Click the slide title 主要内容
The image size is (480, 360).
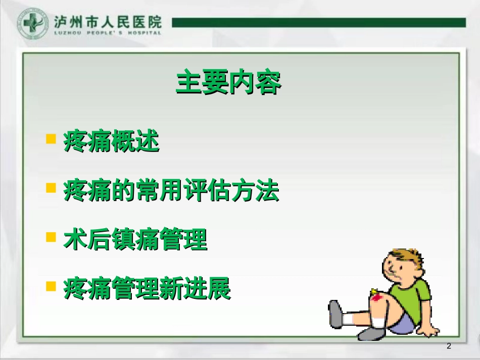pyautogui.click(x=228, y=83)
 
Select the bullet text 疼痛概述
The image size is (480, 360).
pyautogui.click(x=111, y=141)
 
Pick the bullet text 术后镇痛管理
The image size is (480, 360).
pyautogui.click(x=135, y=240)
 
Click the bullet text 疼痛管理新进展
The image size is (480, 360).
pyautogui.click(x=147, y=289)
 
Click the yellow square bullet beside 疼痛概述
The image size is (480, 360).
pyautogui.click(x=51, y=139)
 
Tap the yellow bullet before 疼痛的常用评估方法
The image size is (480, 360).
pyautogui.click(x=51, y=188)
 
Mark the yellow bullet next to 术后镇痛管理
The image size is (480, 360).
pyautogui.click(x=51, y=237)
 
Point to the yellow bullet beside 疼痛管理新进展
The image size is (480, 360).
pyautogui.click(x=51, y=286)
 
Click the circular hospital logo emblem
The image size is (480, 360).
pyautogui.click(x=33, y=23)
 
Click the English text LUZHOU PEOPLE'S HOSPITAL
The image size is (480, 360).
pyautogui.click(x=108, y=33)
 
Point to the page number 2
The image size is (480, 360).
pyautogui.click(x=449, y=346)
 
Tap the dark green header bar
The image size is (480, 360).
pyautogui.click(x=318, y=22)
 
